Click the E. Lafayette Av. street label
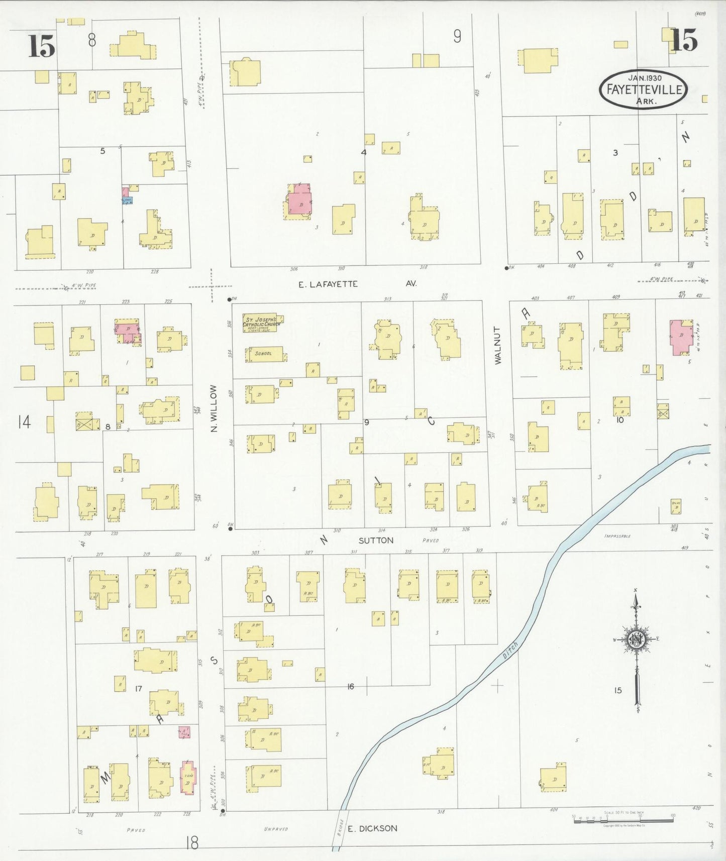coord(357,284)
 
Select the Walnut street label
coord(498,345)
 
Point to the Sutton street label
coord(375,541)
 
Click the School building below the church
coord(265,354)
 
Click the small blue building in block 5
coord(127,200)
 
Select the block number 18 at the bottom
coord(191,842)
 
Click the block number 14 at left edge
coord(24,422)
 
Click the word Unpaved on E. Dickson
coord(276,828)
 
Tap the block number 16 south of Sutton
coord(350,686)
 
